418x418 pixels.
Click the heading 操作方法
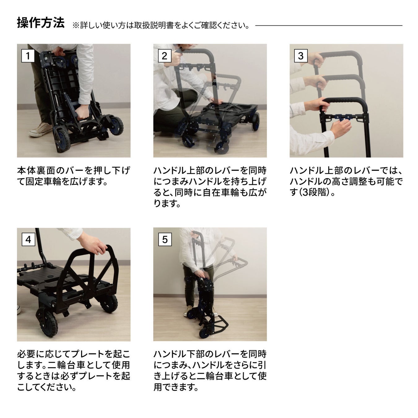[41, 23]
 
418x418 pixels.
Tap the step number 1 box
[28, 56]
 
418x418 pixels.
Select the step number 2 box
[164, 56]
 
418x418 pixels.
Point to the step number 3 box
[301, 56]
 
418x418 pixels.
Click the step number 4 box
[28, 239]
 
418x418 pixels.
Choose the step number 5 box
[165, 239]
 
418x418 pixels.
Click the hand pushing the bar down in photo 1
[82, 112]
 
